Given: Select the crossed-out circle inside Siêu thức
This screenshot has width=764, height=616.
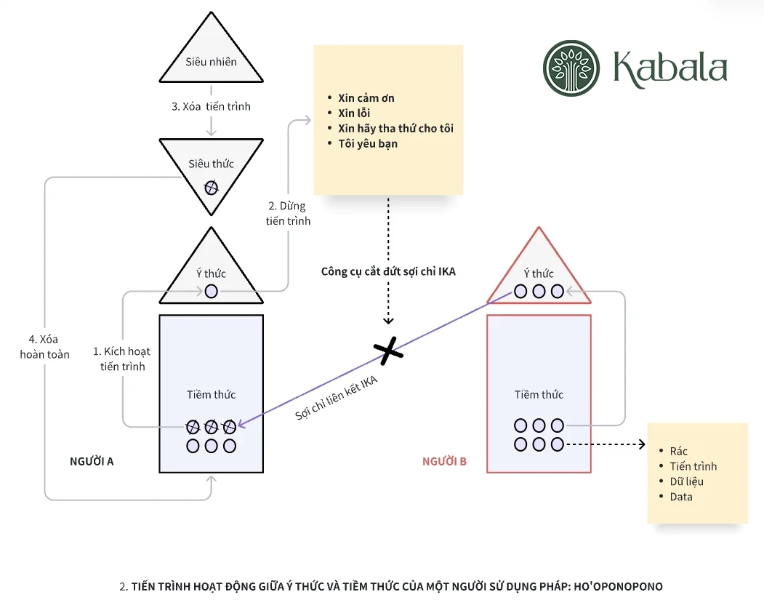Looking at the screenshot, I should click(211, 188).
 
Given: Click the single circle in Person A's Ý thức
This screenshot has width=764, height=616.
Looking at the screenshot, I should click(211, 291).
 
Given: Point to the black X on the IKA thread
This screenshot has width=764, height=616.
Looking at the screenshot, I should click(389, 351).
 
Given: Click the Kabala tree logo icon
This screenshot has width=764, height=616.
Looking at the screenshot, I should click(572, 68).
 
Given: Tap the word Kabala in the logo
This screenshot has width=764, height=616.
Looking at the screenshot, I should click(669, 68).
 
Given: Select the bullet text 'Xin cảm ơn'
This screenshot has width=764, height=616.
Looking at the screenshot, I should click(366, 98).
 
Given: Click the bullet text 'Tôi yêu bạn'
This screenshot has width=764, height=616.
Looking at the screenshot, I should click(368, 144).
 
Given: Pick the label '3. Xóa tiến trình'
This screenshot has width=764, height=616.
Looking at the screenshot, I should click(211, 106).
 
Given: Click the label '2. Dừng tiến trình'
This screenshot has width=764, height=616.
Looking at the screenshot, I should click(288, 213).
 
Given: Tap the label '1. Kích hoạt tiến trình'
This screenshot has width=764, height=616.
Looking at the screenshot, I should click(122, 359).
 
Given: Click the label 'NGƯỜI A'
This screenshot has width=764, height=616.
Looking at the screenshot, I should click(92, 461).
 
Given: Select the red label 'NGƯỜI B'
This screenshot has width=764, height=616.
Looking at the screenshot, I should click(444, 461).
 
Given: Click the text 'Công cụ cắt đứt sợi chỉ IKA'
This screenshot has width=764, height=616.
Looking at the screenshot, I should click(388, 271).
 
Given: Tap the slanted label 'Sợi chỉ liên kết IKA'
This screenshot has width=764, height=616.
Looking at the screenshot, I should click(337, 397).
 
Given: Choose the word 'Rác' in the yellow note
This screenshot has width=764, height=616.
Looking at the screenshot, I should click(678, 451).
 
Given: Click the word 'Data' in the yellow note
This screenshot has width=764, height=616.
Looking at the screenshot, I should click(681, 497).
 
